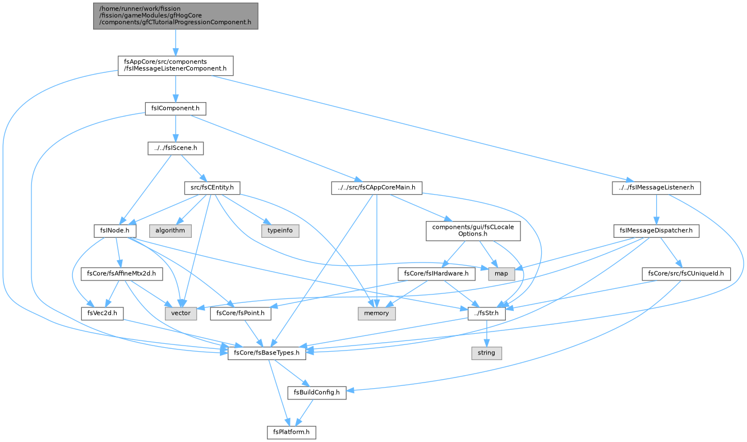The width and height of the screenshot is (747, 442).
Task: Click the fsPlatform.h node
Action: (x=291, y=432)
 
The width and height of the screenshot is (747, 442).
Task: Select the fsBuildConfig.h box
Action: (x=317, y=393)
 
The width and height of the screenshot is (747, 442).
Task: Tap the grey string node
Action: (x=487, y=353)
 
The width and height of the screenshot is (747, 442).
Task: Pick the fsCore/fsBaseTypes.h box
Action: (x=267, y=353)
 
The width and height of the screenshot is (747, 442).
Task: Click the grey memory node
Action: (x=376, y=313)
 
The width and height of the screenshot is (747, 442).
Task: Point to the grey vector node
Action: (x=181, y=313)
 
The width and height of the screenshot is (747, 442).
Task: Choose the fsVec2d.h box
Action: (x=103, y=313)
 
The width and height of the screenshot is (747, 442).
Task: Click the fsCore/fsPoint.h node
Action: (x=241, y=313)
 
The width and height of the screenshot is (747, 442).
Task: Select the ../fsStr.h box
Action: (x=487, y=313)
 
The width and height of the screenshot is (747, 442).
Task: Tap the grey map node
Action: (x=501, y=274)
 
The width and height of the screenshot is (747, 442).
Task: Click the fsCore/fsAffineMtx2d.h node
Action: (x=122, y=274)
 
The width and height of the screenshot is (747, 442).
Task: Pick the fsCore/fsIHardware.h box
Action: (x=436, y=274)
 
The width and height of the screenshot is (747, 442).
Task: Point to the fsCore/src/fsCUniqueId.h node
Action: (x=686, y=274)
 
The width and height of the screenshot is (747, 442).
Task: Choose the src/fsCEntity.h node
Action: (x=212, y=188)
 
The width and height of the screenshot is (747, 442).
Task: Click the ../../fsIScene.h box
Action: (x=176, y=148)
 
